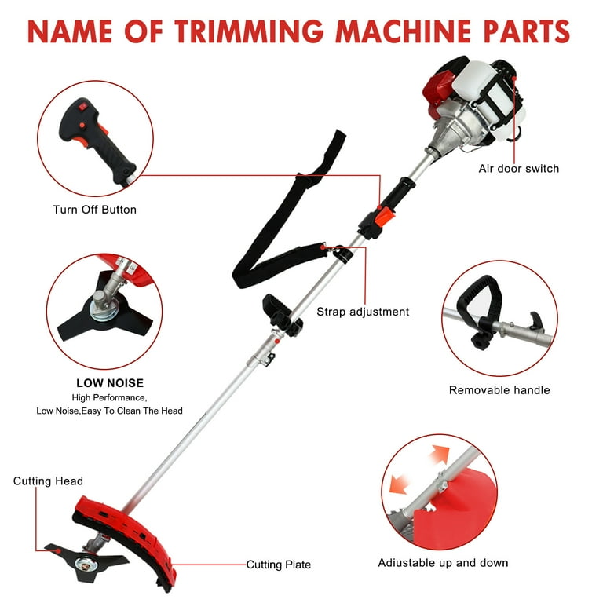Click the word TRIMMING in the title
(249, 31)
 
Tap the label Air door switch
(518, 169)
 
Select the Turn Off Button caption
(94, 210)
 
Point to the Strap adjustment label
(363, 312)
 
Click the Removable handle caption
(499, 390)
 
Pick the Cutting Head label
(48, 481)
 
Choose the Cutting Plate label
(279, 565)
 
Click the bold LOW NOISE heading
(110, 383)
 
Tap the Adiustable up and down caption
(443, 563)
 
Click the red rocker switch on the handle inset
(83, 107)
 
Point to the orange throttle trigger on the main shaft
(385, 217)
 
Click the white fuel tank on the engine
(471, 82)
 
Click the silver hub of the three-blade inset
(104, 308)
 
